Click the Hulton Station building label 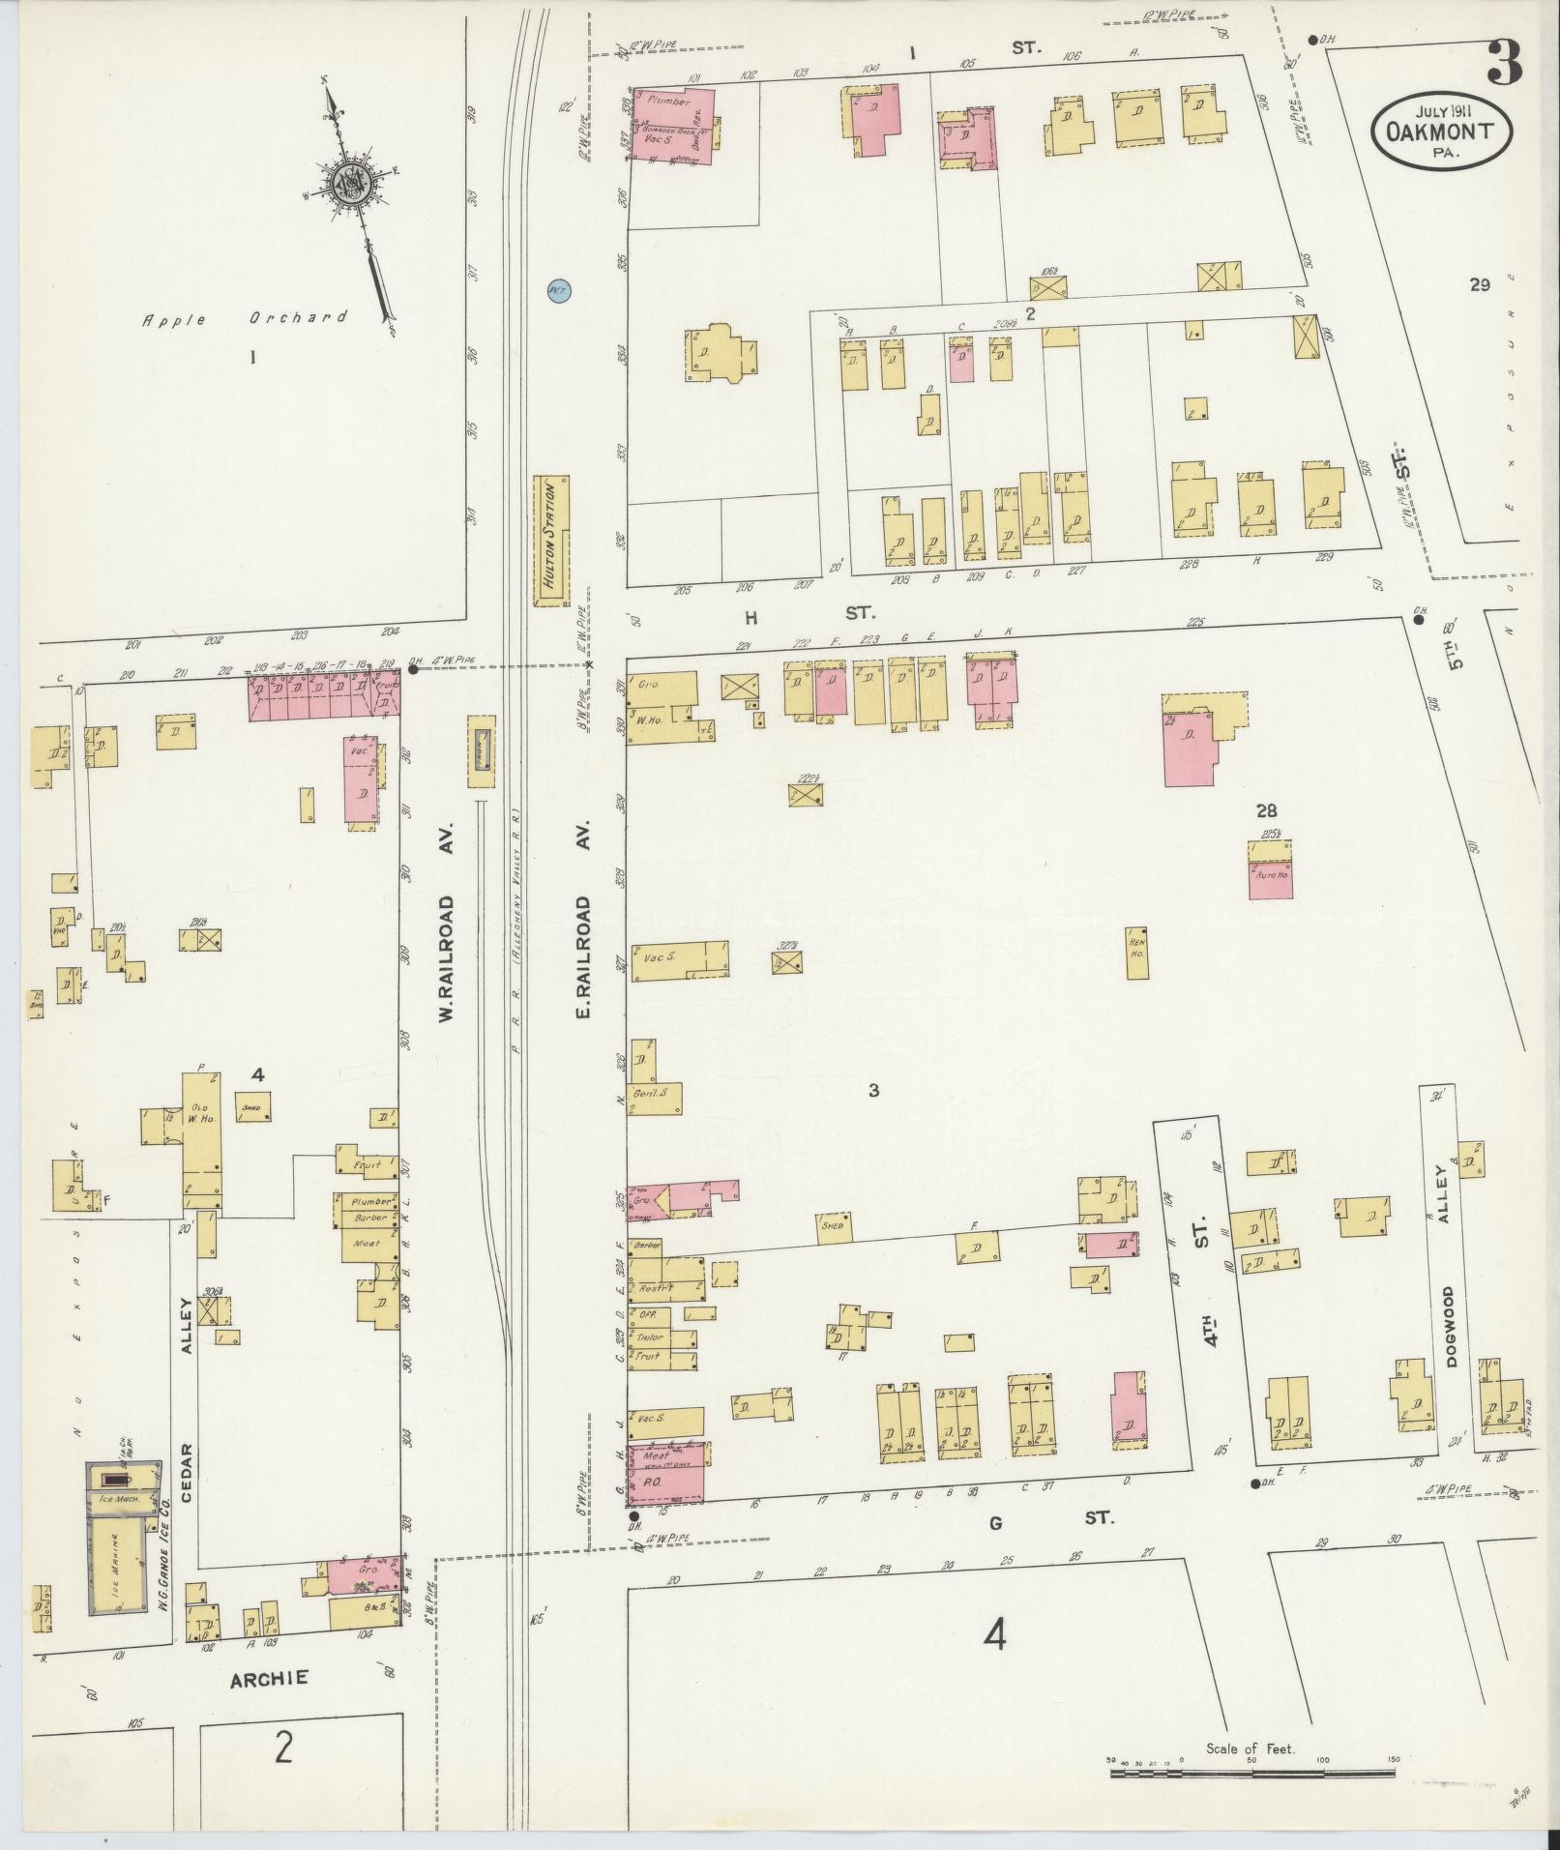pyautogui.click(x=552, y=541)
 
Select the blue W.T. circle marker pyautogui.click(x=557, y=289)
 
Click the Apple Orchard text pyautogui.click(x=244, y=318)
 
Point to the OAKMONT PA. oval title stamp pyautogui.click(x=1440, y=131)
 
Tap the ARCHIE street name pyautogui.click(x=269, y=1679)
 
